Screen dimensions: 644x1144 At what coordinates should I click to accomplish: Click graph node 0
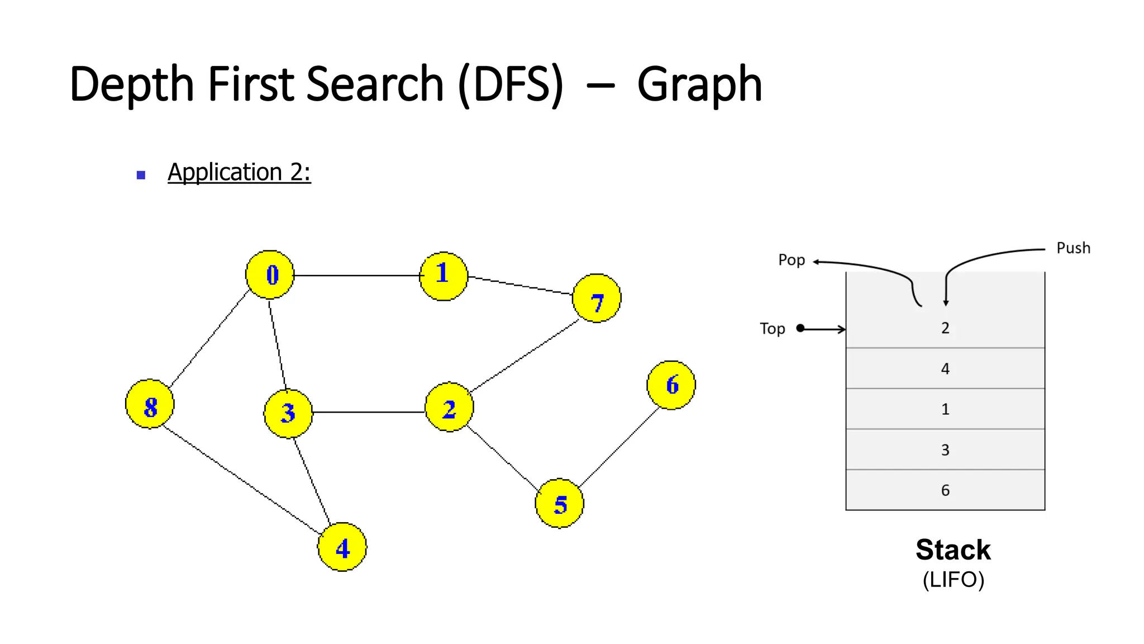(x=270, y=274)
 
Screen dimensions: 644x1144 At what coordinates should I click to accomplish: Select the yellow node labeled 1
(x=444, y=276)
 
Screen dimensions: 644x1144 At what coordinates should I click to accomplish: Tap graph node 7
(x=597, y=298)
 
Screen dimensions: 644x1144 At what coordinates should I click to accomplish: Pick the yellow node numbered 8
(x=150, y=404)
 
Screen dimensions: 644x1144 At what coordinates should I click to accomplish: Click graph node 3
(x=288, y=414)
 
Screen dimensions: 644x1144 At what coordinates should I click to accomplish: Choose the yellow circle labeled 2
(x=449, y=407)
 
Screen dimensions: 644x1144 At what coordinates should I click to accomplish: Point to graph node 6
(x=671, y=385)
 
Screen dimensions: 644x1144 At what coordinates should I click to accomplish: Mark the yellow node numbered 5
(x=559, y=503)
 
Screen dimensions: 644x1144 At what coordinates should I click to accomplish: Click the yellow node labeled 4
(x=342, y=547)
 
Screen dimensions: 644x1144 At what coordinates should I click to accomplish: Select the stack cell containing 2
(x=945, y=328)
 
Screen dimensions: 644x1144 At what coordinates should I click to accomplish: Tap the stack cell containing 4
(x=945, y=368)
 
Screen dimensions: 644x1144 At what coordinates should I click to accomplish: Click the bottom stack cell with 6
(x=945, y=490)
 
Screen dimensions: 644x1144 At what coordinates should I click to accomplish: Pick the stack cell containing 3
(x=945, y=449)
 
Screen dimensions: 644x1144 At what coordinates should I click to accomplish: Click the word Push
(x=1073, y=248)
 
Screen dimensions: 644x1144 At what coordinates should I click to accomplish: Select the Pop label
(x=792, y=260)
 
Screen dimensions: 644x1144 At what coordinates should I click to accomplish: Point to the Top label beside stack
(x=772, y=329)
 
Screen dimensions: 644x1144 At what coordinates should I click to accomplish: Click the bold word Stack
(x=953, y=550)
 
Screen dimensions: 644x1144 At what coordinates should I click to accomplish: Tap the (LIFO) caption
(x=953, y=580)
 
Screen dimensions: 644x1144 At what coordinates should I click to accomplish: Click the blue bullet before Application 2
(x=141, y=175)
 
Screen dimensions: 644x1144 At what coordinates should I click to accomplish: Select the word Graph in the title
(x=699, y=84)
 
